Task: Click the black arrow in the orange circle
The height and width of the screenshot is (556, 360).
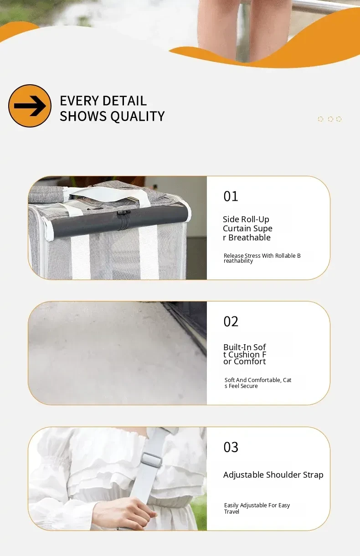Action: pos(30,106)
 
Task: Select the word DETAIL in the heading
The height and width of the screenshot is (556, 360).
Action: pos(124,101)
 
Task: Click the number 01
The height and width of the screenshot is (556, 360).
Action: pos(231,196)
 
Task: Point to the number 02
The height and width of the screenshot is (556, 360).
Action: pos(231,321)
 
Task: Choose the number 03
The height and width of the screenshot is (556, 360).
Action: pos(231,447)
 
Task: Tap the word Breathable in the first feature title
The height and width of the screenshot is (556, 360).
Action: pos(249,238)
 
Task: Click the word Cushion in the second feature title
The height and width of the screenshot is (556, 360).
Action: pos(244,354)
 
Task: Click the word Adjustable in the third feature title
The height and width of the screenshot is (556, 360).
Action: pos(243,475)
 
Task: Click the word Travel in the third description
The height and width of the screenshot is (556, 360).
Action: pos(231,511)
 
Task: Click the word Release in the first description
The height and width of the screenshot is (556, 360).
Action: pos(233,255)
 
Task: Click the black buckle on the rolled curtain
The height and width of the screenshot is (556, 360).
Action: pos(124,213)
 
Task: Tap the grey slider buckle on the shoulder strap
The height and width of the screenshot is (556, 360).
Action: pos(151,459)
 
